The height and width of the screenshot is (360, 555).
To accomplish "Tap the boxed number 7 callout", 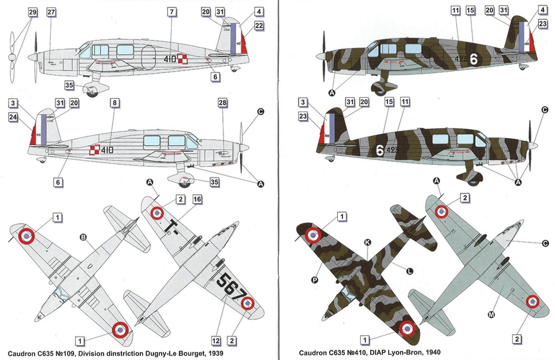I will coord(172,12).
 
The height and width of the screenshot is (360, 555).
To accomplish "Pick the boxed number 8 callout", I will coord(115,103).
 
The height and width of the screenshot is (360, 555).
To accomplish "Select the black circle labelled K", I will coord(367,243).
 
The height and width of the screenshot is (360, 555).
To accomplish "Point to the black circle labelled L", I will coord(409,271).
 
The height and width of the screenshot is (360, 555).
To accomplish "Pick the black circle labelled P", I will coord(315,280).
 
